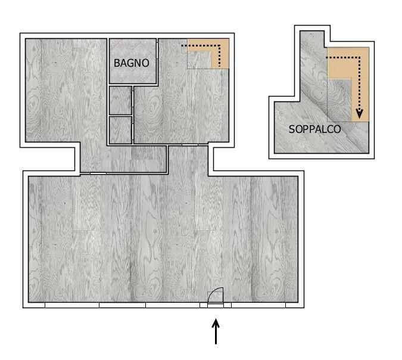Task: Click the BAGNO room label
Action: click(x=131, y=63)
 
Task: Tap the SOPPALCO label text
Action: click(x=315, y=129)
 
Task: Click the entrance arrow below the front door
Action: click(x=216, y=331)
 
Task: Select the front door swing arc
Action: click(x=214, y=291)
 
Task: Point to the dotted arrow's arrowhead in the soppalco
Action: click(x=360, y=114)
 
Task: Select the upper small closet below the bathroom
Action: click(x=120, y=100)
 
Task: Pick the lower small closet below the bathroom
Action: click(x=120, y=130)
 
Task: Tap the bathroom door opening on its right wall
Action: click(x=157, y=54)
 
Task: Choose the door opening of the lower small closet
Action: click(x=133, y=132)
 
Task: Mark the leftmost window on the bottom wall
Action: click(x=72, y=305)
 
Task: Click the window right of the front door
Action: click(x=258, y=305)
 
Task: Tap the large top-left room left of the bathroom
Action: click(x=66, y=90)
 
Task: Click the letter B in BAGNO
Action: click(x=117, y=63)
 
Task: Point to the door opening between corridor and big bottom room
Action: click(x=98, y=173)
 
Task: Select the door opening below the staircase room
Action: click(x=190, y=145)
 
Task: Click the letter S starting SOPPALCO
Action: click(x=292, y=129)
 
